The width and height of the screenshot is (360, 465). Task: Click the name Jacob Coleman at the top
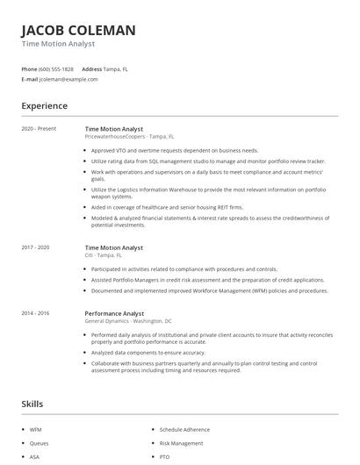coord(78,31)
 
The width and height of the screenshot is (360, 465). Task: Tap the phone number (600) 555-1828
coord(57,68)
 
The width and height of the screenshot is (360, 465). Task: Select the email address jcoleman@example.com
coord(68,79)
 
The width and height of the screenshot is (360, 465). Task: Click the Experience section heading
coord(44,106)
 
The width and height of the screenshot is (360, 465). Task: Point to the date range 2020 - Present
coord(39,129)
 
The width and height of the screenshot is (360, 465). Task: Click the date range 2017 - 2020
coord(35,248)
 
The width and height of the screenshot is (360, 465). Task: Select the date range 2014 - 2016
coord(35,313)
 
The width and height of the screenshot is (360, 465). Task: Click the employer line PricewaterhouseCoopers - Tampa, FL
coord(129,137)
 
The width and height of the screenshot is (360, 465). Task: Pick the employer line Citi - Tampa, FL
coord(110,256)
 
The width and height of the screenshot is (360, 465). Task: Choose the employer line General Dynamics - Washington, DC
coord(127,321)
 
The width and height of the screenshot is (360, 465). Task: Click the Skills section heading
coord(32,404)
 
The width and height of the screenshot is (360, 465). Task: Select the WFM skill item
coord(35,430)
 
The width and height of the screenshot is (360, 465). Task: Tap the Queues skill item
coord(38,444)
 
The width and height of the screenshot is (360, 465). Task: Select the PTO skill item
coord(165,457)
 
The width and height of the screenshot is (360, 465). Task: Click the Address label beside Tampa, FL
coord(91,68)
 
